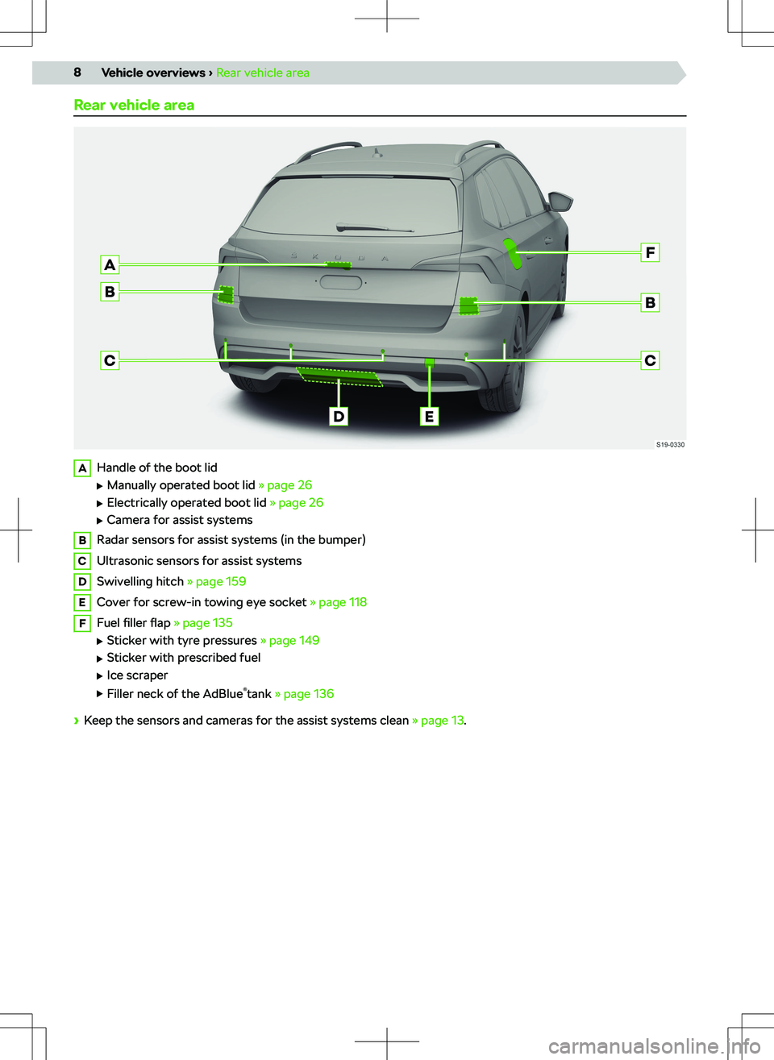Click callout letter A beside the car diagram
(110, 264)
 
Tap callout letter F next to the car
(650, 252)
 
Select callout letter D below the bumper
(339, 416)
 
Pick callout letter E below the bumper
(429, 416)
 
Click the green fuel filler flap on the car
(512, 252)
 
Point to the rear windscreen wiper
(374, 228)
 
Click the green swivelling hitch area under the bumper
(339, 376)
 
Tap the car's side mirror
(560, 200)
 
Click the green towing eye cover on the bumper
(430, 364)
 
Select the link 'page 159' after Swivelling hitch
(220, 581)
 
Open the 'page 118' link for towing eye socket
(342, 602)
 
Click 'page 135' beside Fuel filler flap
(207, 623)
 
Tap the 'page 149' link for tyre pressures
(293, 640)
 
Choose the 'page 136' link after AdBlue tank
(308, 694)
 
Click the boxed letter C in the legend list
(82, 561)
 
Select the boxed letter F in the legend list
(82, 623)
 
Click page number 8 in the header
(77, 73)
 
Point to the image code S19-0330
(670, 444)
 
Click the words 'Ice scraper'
(137, 675)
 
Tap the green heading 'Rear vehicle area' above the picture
(134, 105)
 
